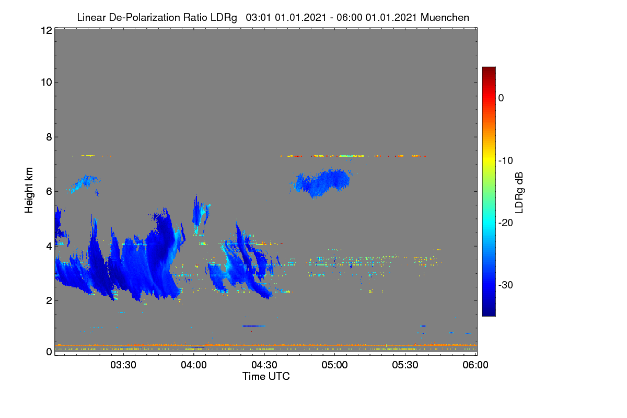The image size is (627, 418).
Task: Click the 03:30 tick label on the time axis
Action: [123, 365]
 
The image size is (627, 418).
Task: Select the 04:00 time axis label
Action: [194, 365]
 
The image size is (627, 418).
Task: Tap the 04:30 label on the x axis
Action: [264, 365]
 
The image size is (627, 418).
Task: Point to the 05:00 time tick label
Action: [334, 365]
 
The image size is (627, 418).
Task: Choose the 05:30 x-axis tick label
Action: [405, 365]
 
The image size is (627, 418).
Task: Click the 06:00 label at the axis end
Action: [475, 365]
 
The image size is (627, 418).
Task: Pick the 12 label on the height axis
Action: [47, 30]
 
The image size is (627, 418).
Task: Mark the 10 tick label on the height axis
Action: [47, 83]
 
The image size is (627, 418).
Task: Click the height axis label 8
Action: [49, 137]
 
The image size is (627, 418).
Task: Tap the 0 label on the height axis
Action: [49, 352]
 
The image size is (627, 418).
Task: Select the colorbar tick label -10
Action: [506, 161]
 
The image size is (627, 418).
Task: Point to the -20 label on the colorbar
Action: [506, 223]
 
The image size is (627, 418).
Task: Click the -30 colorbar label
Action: [506, 285]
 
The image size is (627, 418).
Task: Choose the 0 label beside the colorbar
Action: [501, 98]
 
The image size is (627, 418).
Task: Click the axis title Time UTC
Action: [266, 376]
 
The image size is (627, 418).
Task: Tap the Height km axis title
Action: [29, 190]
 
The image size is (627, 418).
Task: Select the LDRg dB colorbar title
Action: [519, 193]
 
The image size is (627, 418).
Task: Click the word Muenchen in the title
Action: [445, 18]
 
